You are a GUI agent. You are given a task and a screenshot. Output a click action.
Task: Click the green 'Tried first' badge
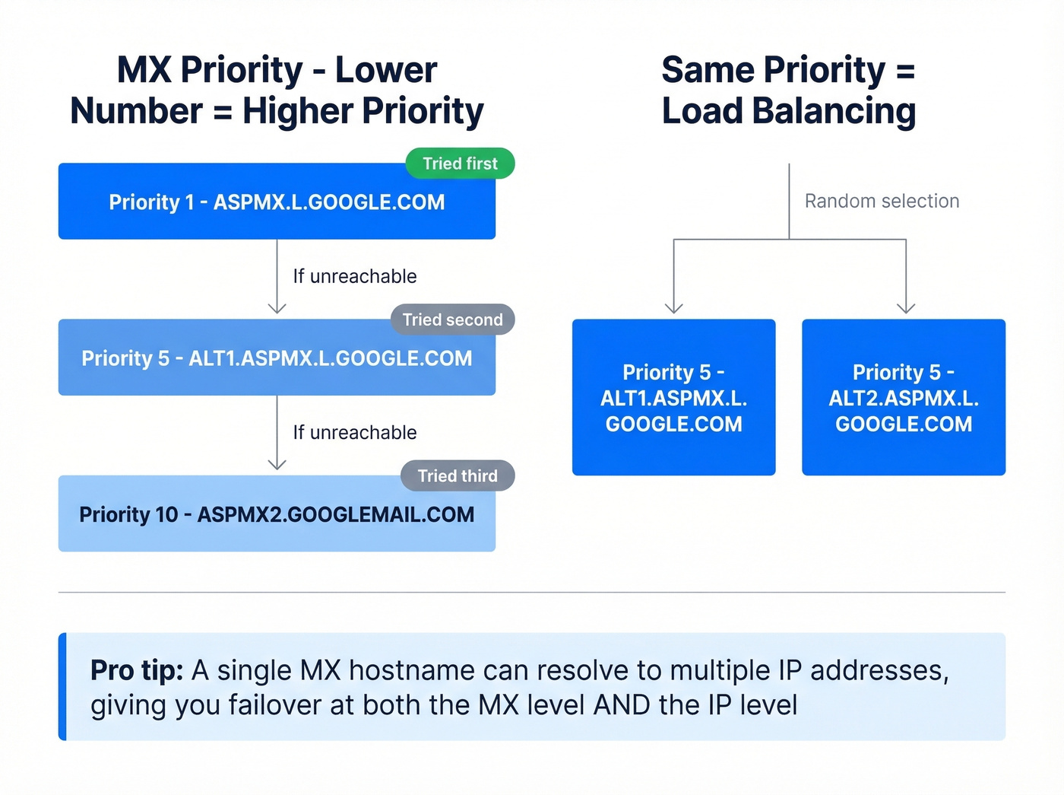tap(460, 164)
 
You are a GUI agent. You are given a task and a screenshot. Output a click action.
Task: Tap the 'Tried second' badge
tap(452, 320)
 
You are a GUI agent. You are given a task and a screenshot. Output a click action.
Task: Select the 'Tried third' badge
tap(457, 475)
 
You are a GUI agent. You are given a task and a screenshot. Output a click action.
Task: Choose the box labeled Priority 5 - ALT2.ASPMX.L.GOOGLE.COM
tap(904, 398)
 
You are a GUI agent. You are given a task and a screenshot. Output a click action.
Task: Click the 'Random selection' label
tap(882, 201)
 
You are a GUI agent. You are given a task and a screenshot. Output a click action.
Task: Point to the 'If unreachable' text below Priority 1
tap(355, 276)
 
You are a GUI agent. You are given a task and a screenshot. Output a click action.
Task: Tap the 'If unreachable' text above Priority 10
tap(355, 432)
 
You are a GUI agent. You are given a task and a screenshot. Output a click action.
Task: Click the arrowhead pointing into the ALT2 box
tap(906, 308)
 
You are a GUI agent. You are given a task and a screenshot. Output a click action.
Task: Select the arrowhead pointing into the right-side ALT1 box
tap(674, 308)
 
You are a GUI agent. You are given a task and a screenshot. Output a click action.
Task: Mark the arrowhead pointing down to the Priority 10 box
tap(277, 464)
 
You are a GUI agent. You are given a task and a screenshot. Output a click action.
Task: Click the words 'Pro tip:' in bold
tap(137, 670)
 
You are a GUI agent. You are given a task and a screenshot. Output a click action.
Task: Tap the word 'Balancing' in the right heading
tap(834, 111)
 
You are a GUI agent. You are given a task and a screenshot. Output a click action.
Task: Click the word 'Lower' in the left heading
tap(386, 70)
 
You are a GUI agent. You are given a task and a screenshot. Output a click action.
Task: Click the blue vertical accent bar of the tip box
tap(62, 686)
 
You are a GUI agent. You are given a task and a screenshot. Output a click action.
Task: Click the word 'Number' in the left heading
tap(137, 111)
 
